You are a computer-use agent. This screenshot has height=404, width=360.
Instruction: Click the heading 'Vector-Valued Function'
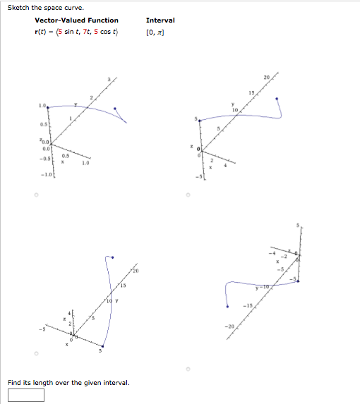(76, 20)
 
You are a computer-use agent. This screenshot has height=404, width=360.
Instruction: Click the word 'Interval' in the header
(160, 20)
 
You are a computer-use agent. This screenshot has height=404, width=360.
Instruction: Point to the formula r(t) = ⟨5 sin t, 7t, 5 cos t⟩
(76, 32)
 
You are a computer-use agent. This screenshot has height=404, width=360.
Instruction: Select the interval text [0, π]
(155, 32)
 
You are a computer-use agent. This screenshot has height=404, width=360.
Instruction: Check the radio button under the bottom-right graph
(188, 367)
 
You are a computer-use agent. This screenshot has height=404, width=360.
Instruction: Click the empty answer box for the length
(26, 395)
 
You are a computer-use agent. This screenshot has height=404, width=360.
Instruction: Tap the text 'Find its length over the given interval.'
(68, 382)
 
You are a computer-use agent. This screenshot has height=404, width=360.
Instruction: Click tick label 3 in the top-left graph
(109, 78)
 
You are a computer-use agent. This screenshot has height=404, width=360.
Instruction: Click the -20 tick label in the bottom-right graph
(227, 326)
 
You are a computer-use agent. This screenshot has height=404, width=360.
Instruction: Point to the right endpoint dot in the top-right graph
(276, 99)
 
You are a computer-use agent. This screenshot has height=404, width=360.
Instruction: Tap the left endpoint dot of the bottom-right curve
(227, 306)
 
